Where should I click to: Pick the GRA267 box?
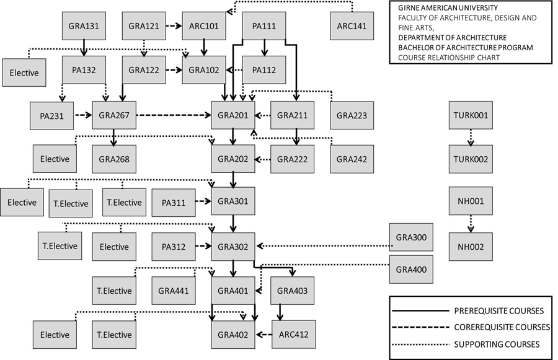click(x=114, y=115)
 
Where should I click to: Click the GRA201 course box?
click(x=233, y=115)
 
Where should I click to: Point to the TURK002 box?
click(x=471, y=160)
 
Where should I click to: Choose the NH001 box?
click(x=471, y=201)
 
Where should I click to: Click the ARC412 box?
click(x=293, y=335)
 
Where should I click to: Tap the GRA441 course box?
click(x=174, y=291)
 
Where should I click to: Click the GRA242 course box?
click(x=352, y=160)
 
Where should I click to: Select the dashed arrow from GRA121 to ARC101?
click(x=174, y=27)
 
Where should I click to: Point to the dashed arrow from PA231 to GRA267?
click(x=83, y=115)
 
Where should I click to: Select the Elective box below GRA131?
click(x=24, y=72)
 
